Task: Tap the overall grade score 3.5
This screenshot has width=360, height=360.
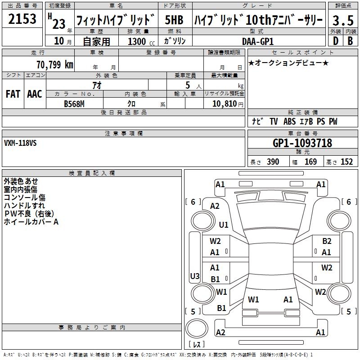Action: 342,20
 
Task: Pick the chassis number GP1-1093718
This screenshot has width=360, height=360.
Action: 302,143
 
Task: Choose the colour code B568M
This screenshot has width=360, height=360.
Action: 74,103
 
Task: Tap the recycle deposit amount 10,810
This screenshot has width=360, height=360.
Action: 224,103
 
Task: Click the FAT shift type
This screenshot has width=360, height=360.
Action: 13,94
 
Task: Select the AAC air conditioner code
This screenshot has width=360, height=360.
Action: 35,94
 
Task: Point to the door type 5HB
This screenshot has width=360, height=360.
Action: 174,20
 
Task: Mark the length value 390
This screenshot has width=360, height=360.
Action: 273,162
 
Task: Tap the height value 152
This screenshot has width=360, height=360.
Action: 346,162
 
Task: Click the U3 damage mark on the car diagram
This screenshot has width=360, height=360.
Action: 194,276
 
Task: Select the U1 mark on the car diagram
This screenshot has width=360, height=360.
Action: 224,225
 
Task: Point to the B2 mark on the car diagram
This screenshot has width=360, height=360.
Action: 327,241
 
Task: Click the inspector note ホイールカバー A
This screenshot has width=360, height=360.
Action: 31,222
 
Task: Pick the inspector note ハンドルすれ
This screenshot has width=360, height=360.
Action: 24,206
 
